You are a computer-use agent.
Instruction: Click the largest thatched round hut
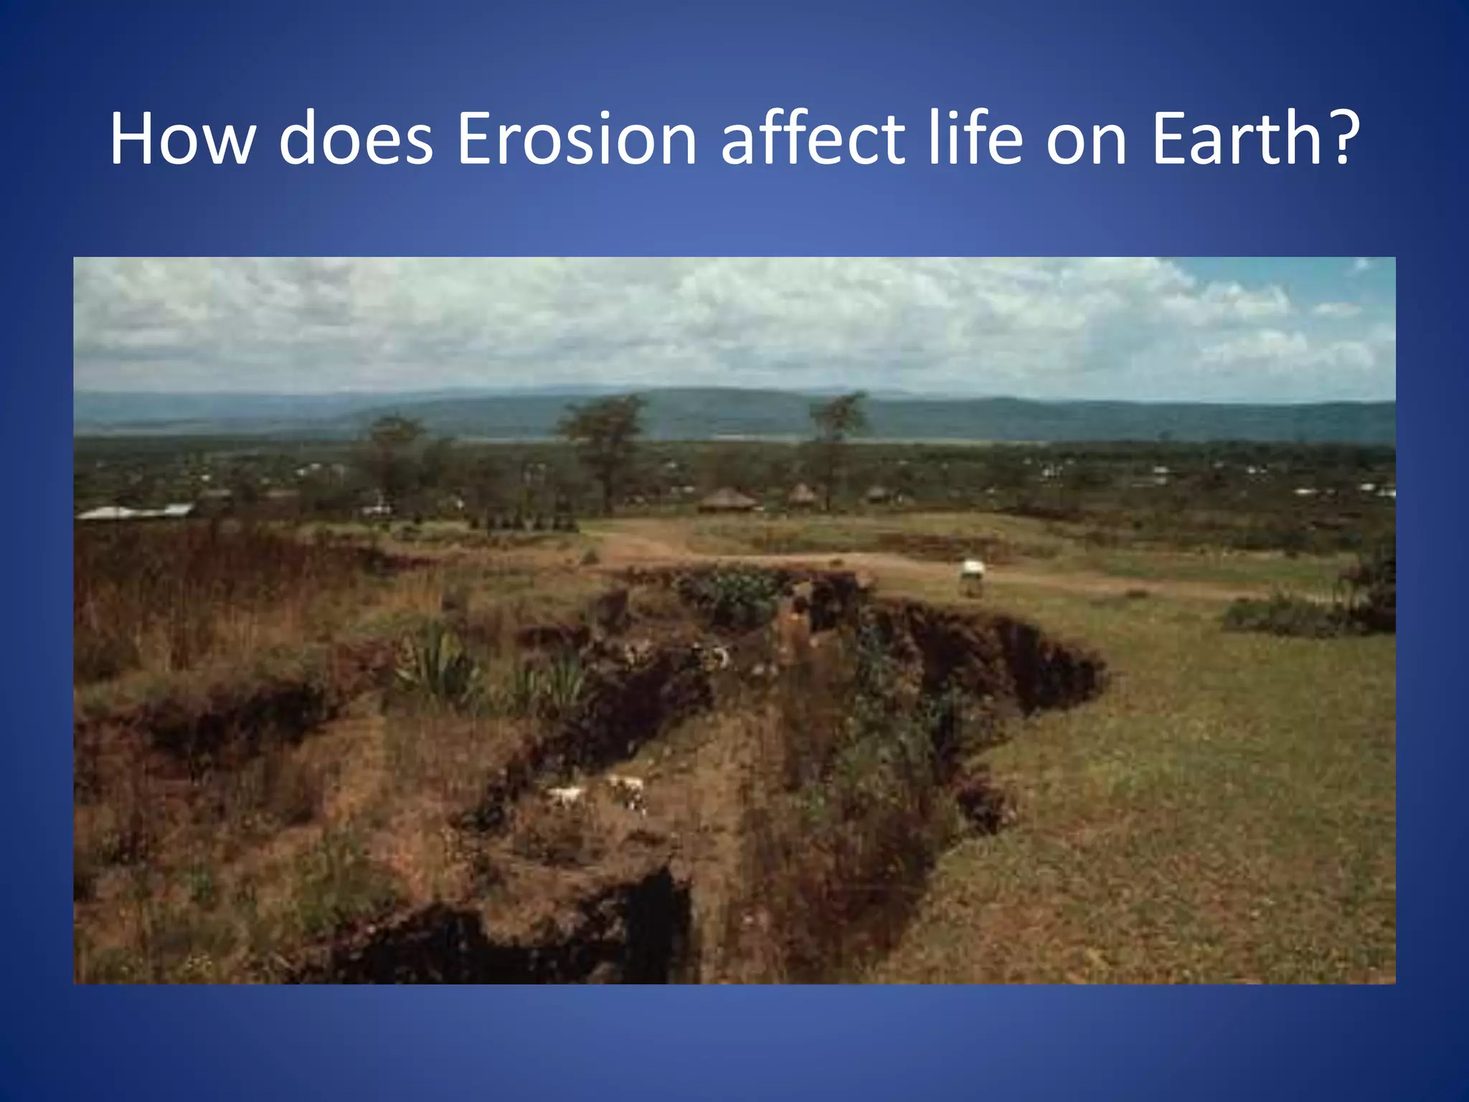coord(726,500)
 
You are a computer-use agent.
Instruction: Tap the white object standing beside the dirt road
coord(972,576)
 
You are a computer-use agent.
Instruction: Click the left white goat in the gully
coord(567,796)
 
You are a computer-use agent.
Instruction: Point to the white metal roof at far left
coord(136,512)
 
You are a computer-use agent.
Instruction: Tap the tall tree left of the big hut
coord(604,445)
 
